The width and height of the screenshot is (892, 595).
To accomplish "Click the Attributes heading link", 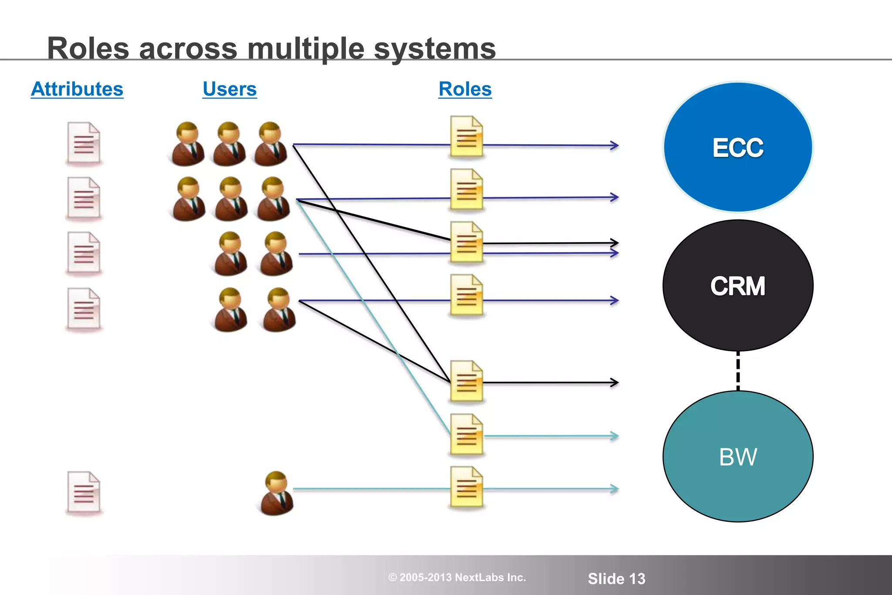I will [x=77, y=89].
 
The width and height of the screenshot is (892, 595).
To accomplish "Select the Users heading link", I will [x=230, y=89].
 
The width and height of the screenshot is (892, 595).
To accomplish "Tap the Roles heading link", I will [x=465, y=89].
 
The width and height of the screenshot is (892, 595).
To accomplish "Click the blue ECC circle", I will [x=738, y=147].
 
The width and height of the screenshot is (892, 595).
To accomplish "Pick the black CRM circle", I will [x=738, y=286].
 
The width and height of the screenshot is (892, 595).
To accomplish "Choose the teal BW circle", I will [x=738, y=456].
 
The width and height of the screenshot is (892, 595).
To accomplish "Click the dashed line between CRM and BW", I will [x=738, y=371].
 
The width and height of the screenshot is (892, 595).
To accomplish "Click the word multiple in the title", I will [x=306, y=48].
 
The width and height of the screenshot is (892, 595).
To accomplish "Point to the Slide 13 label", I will [x=616, y=578].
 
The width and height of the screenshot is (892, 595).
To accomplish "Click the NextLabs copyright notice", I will [x=457, y=578].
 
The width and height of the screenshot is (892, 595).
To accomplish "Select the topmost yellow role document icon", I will [x=466, y=136].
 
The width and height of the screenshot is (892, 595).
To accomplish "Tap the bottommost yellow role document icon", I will [x=466, y=487].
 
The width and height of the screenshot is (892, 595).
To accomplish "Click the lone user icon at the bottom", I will [x=277, y=493].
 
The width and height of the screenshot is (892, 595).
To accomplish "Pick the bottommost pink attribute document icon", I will [x=84, y=492].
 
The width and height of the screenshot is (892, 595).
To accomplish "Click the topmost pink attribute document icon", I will [x=84, y=143].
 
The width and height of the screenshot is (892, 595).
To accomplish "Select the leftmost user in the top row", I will [x=188, y=144].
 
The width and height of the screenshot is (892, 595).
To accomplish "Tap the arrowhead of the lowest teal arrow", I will [x=615, y=489].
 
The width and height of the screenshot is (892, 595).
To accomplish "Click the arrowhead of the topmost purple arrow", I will [x=615, y=145].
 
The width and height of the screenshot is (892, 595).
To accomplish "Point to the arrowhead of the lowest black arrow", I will [x=615, y=383].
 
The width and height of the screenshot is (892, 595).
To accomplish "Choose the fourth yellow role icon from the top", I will [x=466, y=295].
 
